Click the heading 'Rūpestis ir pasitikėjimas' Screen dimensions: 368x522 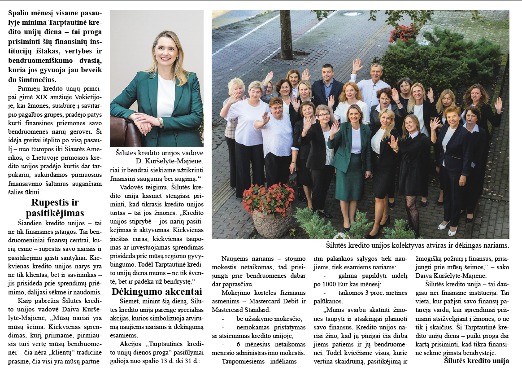point(55,207)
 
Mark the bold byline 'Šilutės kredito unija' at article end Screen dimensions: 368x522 point(476,360)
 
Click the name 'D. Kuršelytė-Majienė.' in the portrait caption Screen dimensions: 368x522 point(169,160)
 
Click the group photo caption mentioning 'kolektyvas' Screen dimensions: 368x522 point(417,245)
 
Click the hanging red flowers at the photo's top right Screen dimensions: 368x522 point(403,32)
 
